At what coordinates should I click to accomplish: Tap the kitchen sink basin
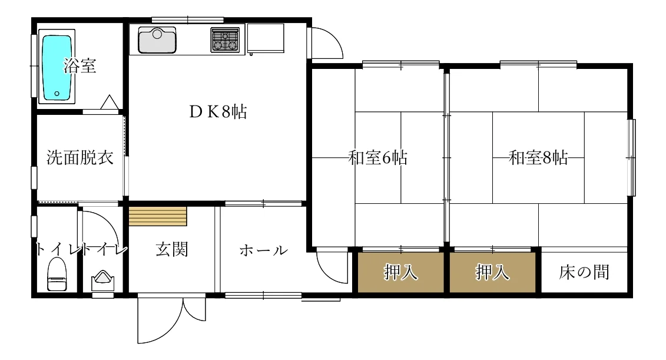[157, 39]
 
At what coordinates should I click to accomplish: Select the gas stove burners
[226, 40]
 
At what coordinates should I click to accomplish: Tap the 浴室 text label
[81, 65]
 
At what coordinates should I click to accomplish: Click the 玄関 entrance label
[172, 249]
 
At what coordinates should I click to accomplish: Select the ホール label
[263, 250]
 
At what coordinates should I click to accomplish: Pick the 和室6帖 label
[377, 158]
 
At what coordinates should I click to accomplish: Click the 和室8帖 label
[538, 158]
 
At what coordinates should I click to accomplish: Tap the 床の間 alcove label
[584, 272]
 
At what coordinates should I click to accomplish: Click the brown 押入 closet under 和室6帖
[401, 272]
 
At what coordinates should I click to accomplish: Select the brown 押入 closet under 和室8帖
[492, 272]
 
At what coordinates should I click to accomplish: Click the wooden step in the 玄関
[158, 216]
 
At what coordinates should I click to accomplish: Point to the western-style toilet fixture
[57, 276]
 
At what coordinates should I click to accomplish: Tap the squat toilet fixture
[103, 279]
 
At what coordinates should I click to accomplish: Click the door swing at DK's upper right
[325, 42]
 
